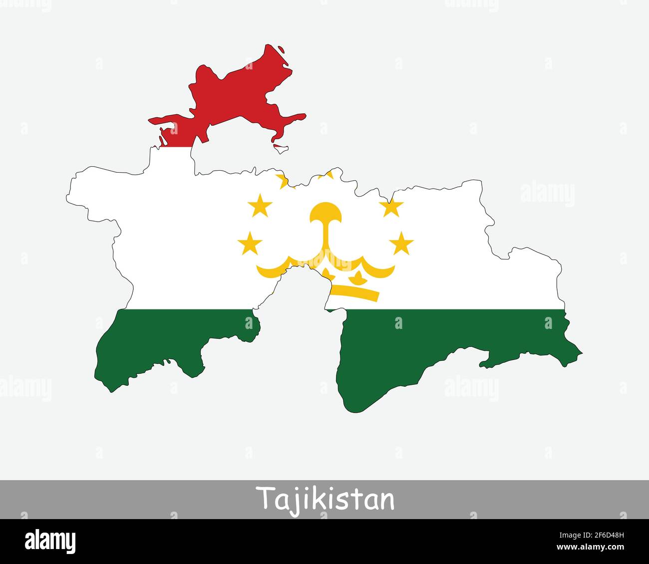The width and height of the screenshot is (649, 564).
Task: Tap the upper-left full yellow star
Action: (x=260, y=206)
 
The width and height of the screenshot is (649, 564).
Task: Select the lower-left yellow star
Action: (x=250, y=244)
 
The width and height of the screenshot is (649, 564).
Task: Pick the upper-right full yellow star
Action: (x=391, y=206)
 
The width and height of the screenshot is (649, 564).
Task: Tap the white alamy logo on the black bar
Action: (x=50, y=541)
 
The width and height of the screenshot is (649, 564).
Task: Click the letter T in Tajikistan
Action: (x=264, y=497)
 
